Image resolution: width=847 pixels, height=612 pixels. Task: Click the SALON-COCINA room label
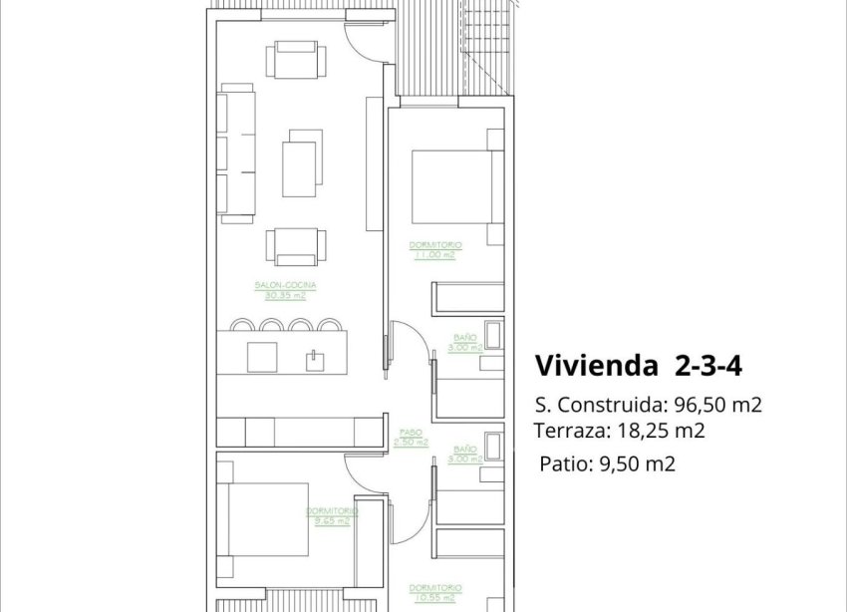tap(279, 285)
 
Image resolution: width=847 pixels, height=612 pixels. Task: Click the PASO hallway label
tap(410, 434)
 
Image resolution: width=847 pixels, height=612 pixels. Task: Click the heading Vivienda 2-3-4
tap(639, 366)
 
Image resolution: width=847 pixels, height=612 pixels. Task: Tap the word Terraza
tap(568, 432)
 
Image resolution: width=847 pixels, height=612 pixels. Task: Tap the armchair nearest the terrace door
tap(294, 60)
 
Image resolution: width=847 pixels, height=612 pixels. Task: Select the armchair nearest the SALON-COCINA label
tap(294, 246)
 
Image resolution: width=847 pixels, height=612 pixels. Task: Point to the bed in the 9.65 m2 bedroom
tap(263, 519)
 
